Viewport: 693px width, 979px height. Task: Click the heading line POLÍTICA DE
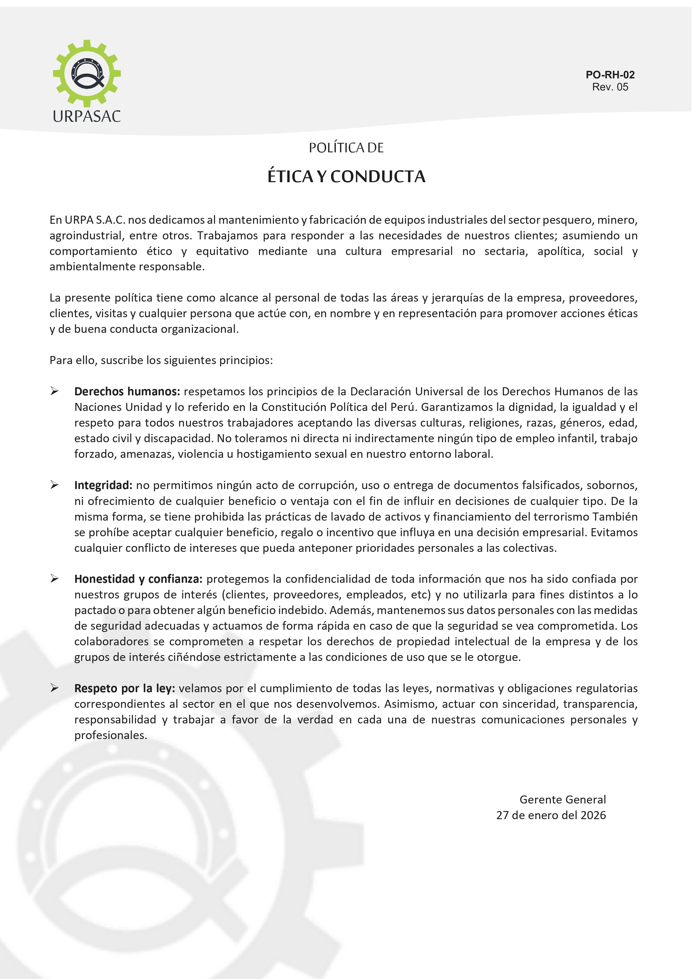click(x=346, y=148)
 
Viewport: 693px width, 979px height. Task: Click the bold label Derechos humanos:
click(x=127, y=391)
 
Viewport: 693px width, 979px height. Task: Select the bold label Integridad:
click(x=103, y=485)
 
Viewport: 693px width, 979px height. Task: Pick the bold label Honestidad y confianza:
click(x=138, y=579)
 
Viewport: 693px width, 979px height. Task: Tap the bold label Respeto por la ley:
click(x=125, y=688)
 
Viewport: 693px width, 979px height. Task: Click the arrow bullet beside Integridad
click(x=54, y=485)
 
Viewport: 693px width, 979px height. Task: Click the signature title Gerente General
click(x=562, y=800)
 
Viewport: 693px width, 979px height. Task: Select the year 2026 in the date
click(x=593, y=815)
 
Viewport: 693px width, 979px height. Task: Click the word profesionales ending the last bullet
click(x=111, y=735)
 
